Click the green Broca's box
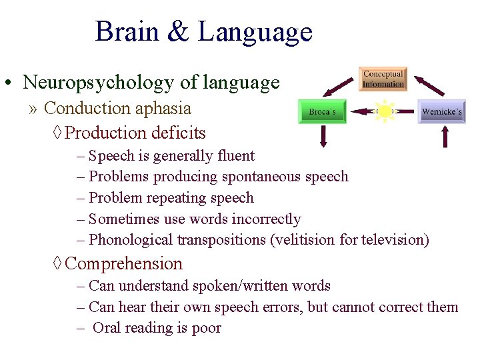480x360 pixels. pos(322,112)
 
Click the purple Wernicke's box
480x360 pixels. pos(441,112)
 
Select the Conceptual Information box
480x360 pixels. pos(383,79)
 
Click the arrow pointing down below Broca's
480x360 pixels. pos(323,136)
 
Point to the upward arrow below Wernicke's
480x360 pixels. pos(445,136)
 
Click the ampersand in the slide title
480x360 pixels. pos(178,32)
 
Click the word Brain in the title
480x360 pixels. pos(126,32)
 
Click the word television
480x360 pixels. pos(392,239)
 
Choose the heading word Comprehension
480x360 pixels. pos(124,263)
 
